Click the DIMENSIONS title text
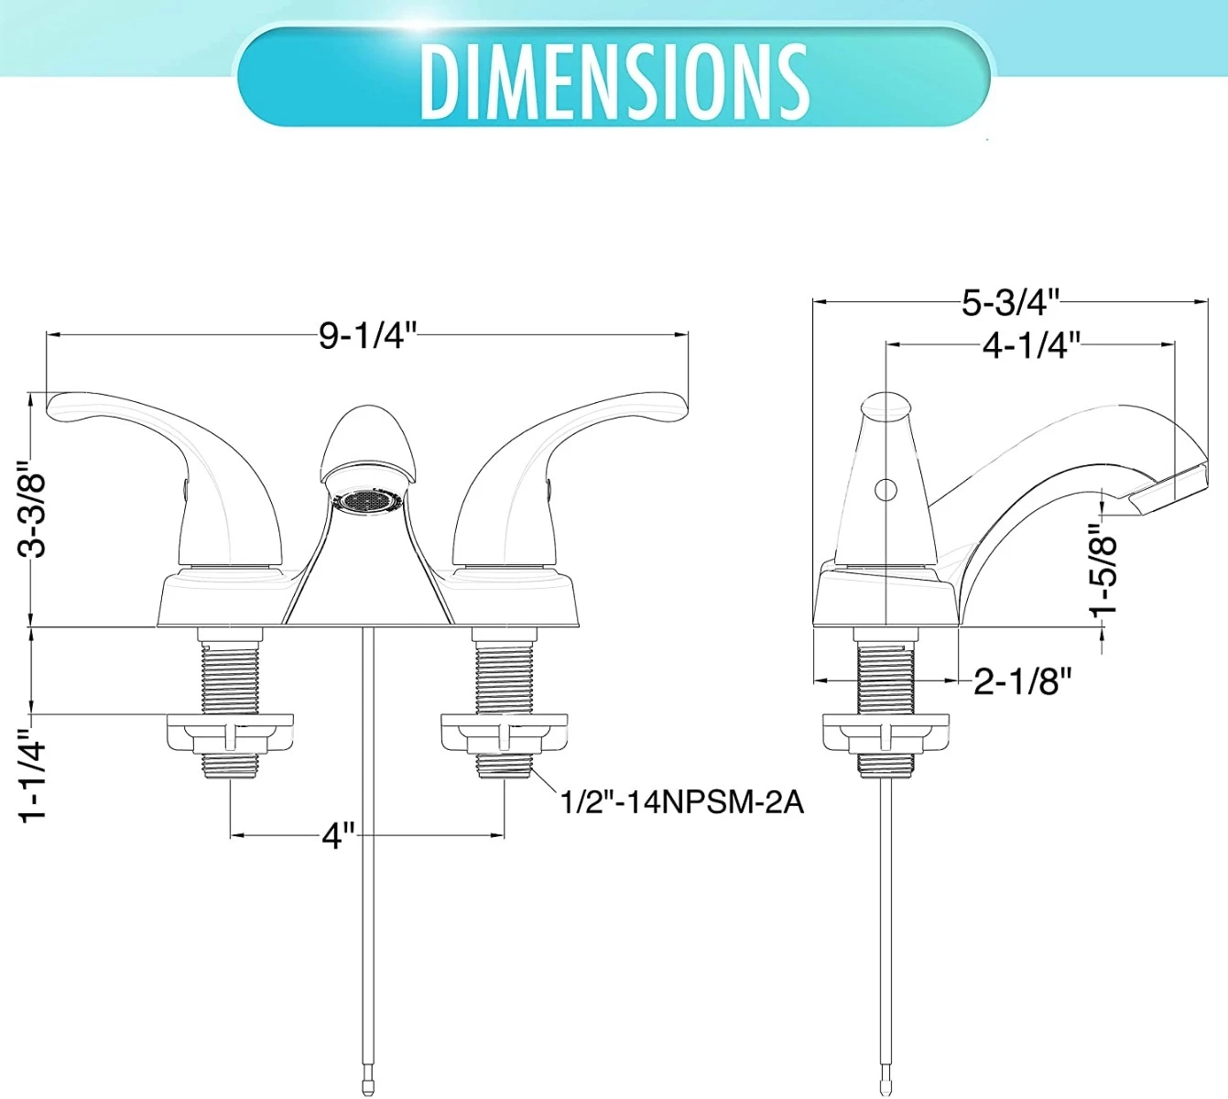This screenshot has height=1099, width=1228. (614, 81)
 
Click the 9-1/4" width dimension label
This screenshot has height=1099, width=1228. (367, 336)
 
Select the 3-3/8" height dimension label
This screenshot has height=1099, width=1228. (33, 514)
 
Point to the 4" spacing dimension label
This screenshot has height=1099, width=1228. (337, 835)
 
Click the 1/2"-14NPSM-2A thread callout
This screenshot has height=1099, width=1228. (681, 802)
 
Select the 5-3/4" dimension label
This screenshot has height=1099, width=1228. (1010, 301)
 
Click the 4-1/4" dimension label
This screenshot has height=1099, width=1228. (1031, 345)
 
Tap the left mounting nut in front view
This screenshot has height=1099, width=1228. (230, 734)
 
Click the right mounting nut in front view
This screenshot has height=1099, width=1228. (504, 734)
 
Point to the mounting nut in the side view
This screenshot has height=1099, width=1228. (886, 734)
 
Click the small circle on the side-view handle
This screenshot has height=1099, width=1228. (886, 490)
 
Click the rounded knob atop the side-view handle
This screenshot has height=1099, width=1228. (886, 405)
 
